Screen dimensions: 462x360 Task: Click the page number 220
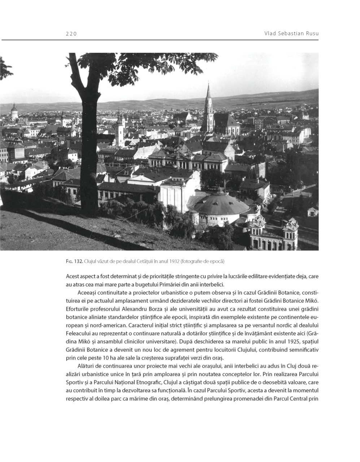[71, 34]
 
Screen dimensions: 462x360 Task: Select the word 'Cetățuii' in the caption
[141, 261]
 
